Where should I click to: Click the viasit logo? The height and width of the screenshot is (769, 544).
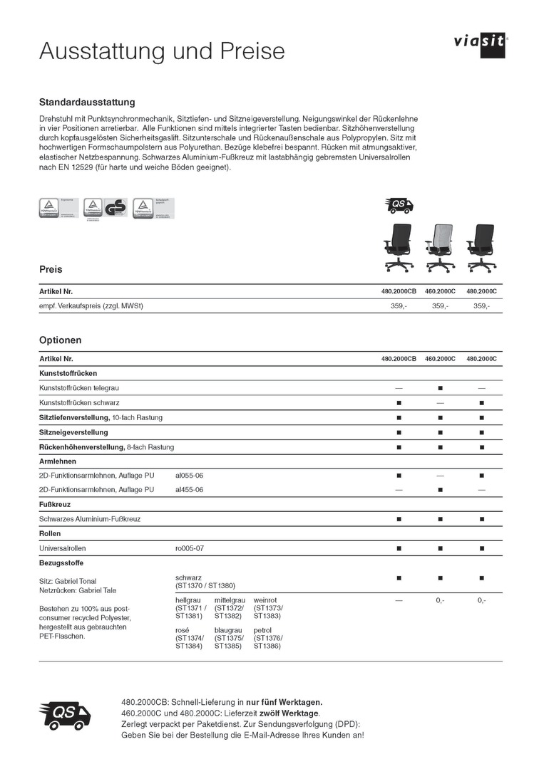click(x=479, y=43)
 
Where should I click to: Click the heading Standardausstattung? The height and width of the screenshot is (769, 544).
click(x=87, y=103)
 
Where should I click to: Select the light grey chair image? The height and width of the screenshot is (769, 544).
click(x=440, y=246)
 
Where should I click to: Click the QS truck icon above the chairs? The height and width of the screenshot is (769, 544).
click(x=399, y=206)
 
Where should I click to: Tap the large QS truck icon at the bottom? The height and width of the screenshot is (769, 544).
click(x=64, y=713)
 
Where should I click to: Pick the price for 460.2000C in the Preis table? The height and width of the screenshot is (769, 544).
click(x=440, y=306)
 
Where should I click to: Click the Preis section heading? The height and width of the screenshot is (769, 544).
click(x=51, y=270)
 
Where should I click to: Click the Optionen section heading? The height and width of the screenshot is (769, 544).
click(x=60, y=340)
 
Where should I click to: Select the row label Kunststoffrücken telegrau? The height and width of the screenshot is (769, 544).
click(x=79, y=388)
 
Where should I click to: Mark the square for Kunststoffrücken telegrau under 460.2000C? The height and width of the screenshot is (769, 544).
click(x=440, y=388)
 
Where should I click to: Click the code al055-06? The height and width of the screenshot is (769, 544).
click(x=189, y=475)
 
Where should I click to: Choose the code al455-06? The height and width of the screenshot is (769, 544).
click(x=189, y=490)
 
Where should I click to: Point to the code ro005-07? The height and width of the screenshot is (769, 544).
click(x=189, y=548)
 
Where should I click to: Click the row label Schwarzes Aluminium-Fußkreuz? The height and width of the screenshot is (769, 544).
click(x=90, y=519)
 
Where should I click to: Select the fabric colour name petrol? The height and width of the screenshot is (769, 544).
click(x=262, y=631)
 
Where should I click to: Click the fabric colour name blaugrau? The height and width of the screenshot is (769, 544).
click(x=228, y=631)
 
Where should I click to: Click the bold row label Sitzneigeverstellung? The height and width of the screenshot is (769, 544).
click(x=74, y=432)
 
